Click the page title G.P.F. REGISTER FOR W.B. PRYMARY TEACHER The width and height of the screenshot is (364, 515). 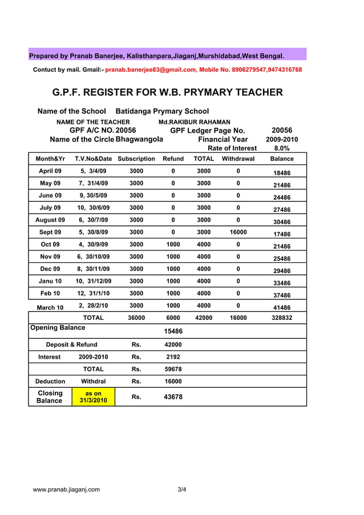pyautogui.click(x=167, y=92)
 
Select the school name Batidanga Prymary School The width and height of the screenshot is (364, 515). pyautogui.click(x=162, y=111)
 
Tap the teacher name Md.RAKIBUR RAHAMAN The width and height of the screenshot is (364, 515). pyautogui.click(x=194, y=122)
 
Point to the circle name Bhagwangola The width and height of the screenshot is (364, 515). pyautogui.click(x=139, y=139)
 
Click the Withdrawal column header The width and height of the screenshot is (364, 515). pyautogui.click(x=238, y=159)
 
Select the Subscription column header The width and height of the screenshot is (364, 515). pyautogui.click(x=136, y=159)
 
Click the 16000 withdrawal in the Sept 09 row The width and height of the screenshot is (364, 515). pyautogui.click(x=238, y=233)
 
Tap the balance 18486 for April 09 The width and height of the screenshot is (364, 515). pyautogui.click(x=282, y=173)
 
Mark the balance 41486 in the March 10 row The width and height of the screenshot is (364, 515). pyautogui.click(x=282, y=308)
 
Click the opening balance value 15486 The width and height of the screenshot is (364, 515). pyautogui.click(x=173, y=331)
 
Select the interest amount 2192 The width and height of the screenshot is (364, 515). pyautogui.click(x=173, y=357)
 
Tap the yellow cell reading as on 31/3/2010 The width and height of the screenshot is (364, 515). pyautogui.click(x=93, y=397)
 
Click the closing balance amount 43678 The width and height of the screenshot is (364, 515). pyautogui.click(x=173, y=397)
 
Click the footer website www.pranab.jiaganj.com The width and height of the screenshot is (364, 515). pyautogui.click(x=66, y=489)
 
